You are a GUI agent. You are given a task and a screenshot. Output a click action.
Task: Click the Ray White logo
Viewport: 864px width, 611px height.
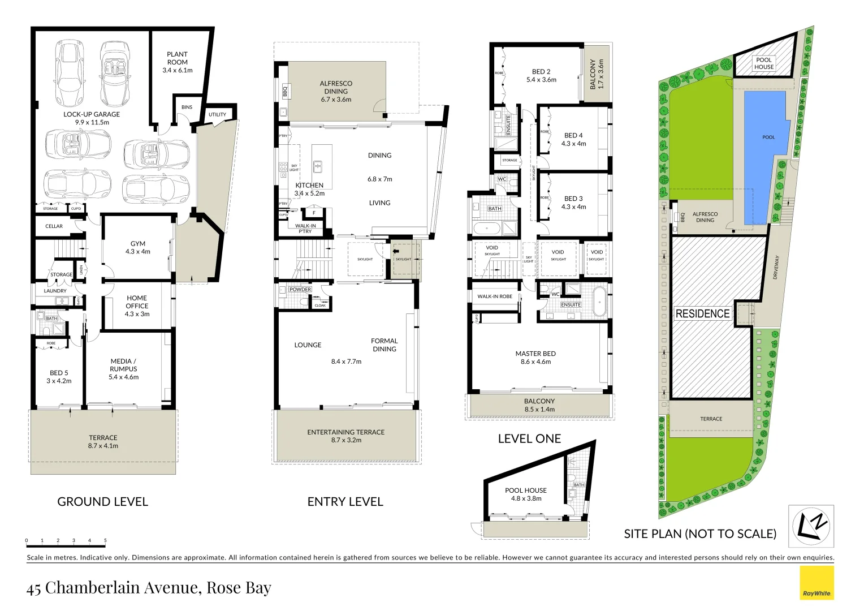point(817,583)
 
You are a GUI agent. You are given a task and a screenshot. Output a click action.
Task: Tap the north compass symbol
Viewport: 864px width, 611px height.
point(811,526)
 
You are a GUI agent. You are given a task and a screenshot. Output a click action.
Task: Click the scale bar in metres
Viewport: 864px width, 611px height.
point(66,542)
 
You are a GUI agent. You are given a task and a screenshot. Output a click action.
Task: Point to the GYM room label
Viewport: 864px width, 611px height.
point(137,248)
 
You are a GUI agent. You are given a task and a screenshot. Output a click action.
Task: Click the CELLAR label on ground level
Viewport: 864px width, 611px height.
point(54,226)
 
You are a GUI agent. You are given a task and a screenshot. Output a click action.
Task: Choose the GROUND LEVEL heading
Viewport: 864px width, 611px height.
point(102,502)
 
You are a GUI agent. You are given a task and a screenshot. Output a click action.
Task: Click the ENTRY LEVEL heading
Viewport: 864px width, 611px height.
point(345,502)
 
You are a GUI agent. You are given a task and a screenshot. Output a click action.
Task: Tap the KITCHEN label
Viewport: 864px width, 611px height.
point(309,186)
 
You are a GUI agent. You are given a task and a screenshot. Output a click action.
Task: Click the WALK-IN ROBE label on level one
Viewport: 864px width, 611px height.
point(495,296)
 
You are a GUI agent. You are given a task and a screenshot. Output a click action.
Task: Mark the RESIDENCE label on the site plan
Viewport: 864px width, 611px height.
point(702,313)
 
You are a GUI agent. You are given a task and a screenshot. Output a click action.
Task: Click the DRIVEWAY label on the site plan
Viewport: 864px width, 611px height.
point(776,267)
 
